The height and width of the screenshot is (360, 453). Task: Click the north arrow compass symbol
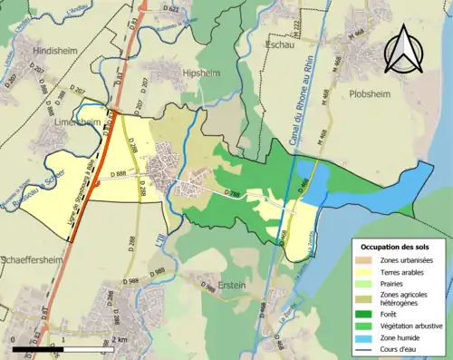tap(404, 50)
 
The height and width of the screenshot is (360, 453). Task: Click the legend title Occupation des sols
tap(396, 247)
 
